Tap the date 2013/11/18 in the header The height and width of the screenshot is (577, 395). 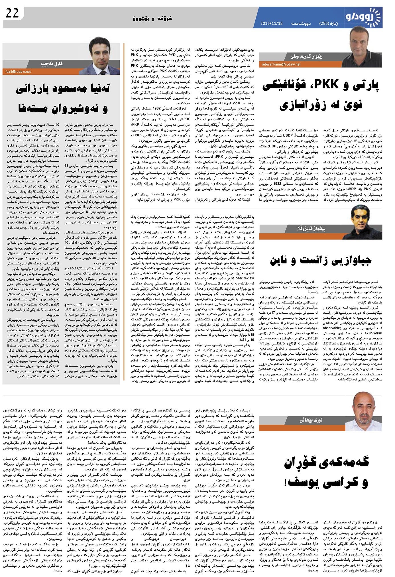(x=271, y=23)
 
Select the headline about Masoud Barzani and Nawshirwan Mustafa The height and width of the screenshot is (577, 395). (x=62, y=99)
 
